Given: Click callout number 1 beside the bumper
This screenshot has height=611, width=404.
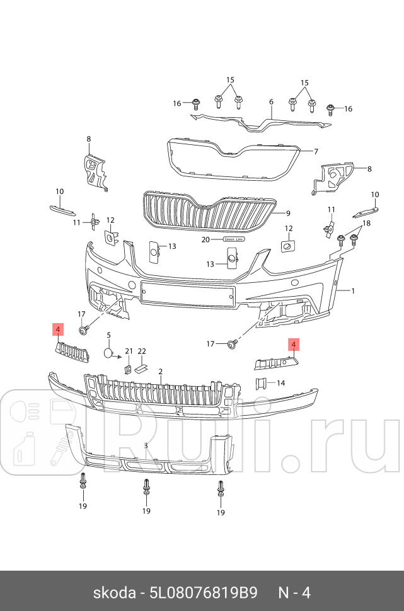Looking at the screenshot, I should click(353, 291).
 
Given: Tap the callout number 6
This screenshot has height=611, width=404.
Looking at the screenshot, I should click(271, 101).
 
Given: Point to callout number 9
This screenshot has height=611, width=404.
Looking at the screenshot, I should click(287, 213).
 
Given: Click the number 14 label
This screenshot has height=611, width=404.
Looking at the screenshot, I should click(281, 383).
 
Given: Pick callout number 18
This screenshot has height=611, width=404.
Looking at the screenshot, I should click(367, 224).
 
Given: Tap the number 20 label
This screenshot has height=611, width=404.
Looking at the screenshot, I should click(205, 240).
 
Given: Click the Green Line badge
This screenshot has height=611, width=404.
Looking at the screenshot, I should click(232, 240).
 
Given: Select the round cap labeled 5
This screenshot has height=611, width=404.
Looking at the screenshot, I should click(108, 353).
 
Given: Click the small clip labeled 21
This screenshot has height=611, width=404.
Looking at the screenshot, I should click(127, 368).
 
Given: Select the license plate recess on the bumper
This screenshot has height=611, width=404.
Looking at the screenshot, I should click(188, 294).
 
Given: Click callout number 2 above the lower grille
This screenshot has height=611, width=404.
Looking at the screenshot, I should click(161, 372).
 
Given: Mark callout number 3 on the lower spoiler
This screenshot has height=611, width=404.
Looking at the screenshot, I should click(146, 445).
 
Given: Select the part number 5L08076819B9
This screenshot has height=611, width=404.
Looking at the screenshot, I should click(204, 593).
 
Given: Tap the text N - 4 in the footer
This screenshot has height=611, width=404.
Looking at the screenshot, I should click(294, 593).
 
